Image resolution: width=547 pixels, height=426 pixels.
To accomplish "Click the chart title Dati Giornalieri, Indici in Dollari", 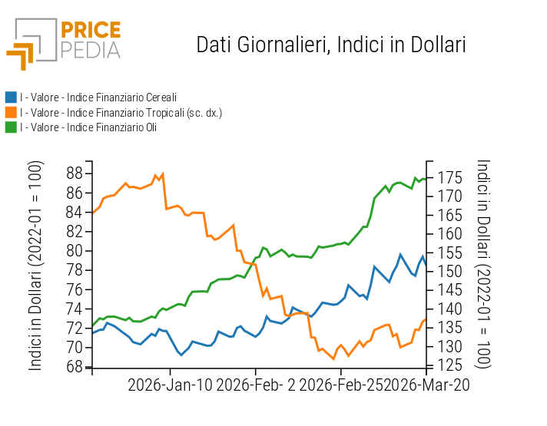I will coord(331,45).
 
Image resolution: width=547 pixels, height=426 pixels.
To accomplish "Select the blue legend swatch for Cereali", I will coord(11,97).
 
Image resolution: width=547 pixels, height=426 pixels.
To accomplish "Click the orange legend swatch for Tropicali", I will coord(11,112).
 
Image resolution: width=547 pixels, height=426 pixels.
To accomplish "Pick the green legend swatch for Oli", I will coord(11,127).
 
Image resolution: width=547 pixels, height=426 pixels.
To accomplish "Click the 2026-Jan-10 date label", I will coord(170,385).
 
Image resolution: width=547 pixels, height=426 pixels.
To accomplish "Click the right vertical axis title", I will coord(483,265).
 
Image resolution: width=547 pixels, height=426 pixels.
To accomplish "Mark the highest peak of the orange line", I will coord(163,173).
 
